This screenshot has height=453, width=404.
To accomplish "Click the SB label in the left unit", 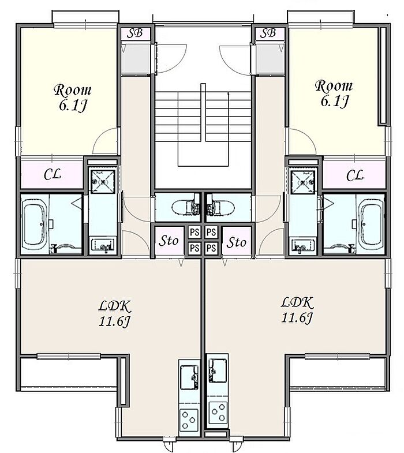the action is [x=135, y=33].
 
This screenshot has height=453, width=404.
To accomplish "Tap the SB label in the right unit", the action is [x=268, y=33].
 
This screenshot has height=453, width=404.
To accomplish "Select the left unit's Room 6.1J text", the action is [x=73, y=98].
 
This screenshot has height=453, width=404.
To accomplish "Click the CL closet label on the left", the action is [x=53, y=174].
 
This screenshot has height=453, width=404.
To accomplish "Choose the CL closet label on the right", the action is [x=354, y=175].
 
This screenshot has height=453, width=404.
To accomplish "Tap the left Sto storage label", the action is [x=169, y=241].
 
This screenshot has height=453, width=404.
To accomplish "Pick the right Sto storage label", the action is [x=237, y=242].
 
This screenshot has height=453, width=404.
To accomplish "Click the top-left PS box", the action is [x=194, y=232].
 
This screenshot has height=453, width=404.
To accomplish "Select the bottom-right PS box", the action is [x=211, y=248].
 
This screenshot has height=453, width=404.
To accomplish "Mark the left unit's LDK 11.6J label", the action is [x=115, y=314].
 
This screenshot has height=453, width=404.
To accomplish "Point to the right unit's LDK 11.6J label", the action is [x=297, y=310].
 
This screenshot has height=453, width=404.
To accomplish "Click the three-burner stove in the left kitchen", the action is [x=189, y=419].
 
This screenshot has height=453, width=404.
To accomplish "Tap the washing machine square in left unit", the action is [x=103, y=182].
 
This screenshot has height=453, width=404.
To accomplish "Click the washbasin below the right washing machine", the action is [x=303, y=245].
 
